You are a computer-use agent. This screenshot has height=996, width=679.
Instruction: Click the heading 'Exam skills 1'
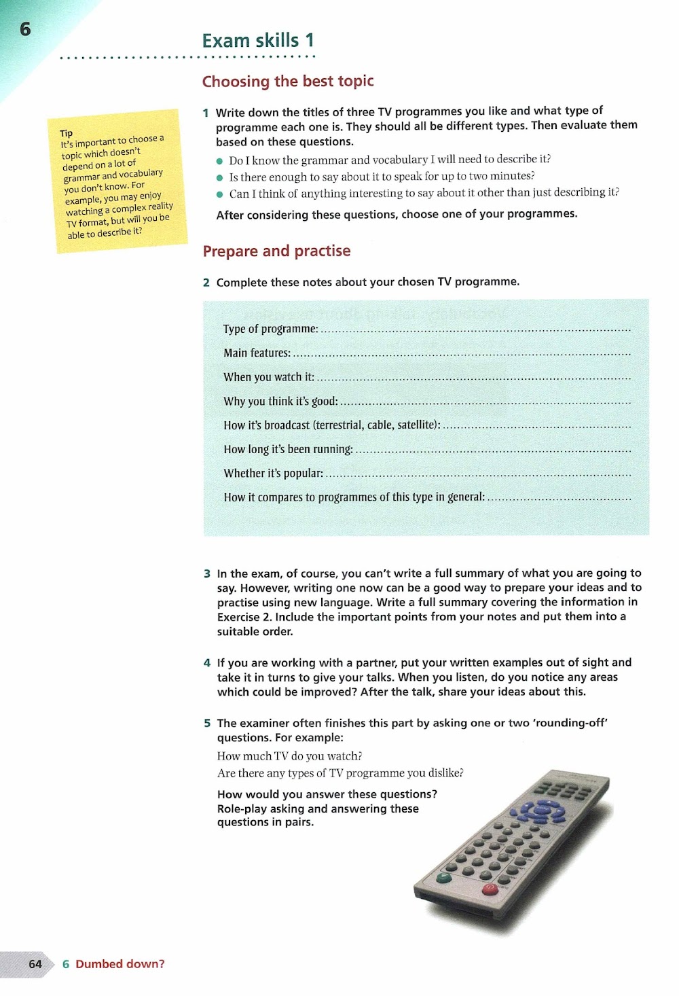point(258,41)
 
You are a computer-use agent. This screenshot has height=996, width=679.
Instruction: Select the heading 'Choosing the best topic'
point(288,82)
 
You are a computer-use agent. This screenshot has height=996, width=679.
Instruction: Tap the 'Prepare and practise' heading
point(276,251)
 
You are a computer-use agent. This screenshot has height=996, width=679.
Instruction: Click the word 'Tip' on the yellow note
point(66,133)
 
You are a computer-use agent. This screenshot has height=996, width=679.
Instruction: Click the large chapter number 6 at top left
point(25,29)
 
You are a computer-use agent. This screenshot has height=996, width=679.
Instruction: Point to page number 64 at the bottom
point(35,964)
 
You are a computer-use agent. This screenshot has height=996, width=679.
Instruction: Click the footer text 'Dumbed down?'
point(120,964)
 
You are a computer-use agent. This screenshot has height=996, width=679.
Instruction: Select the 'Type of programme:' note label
point(270,329)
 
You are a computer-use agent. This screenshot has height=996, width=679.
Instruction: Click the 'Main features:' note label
point(257,353)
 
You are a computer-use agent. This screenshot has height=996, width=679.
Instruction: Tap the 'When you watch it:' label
point(269,377)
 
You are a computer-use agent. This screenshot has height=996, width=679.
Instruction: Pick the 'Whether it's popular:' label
point(273,474)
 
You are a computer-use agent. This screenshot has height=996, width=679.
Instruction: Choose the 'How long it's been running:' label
point(288,449)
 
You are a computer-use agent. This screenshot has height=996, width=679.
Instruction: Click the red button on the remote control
point(488,888)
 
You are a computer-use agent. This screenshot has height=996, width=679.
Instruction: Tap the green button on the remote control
point(443,877)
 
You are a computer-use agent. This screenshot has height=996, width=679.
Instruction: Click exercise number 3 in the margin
point(207,573)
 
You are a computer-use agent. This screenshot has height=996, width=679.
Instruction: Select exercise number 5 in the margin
point(207,723)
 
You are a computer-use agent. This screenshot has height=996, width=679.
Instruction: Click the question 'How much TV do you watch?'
point(289,756)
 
